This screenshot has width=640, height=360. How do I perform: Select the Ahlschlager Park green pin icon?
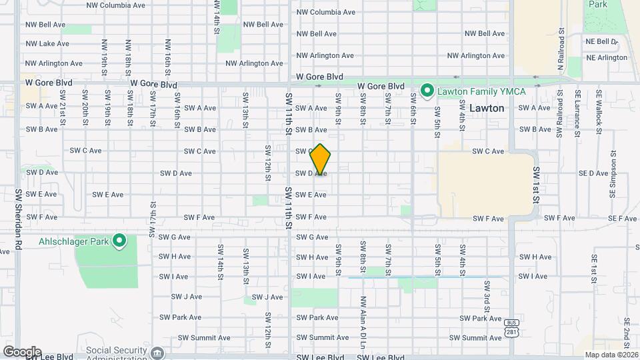point(119,240)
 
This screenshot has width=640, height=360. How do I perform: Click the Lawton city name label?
point(487,107)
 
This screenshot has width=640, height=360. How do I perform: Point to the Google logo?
point(21,352)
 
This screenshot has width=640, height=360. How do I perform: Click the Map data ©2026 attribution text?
point(611,355)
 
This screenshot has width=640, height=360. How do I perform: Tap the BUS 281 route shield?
point(511,327)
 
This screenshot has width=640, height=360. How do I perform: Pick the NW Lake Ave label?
point(47,44)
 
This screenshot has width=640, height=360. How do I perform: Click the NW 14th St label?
point(217,18)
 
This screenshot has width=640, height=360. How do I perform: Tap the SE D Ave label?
point(594,173)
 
